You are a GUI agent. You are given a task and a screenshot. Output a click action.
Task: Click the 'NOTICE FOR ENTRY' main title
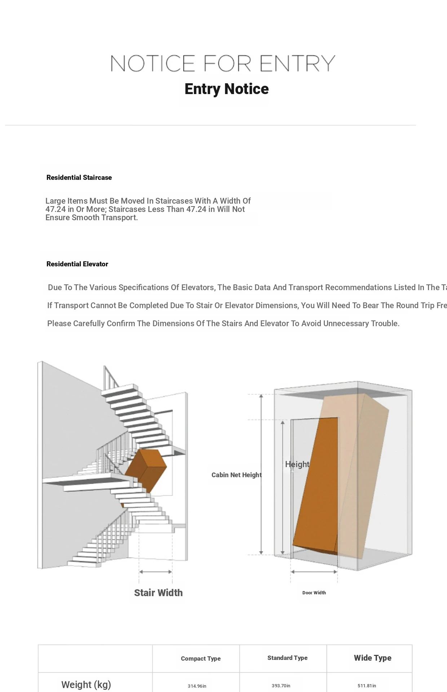(x=223, y=63)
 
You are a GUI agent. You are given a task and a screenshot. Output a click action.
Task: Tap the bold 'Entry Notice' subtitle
(x=226, y=89)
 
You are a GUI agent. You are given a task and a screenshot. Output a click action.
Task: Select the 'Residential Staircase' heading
(x=79, y=177)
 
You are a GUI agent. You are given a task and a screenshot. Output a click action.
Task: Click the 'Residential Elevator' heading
(x=77, y=264)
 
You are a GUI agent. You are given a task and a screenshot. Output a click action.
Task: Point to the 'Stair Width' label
(x=158, y=593)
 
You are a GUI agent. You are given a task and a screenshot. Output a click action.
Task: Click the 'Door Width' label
(x=314, y=593)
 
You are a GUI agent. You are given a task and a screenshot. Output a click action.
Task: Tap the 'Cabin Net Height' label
(x=236, y=475)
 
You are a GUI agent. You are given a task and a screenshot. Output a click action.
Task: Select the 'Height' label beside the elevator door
(x=297, y=464)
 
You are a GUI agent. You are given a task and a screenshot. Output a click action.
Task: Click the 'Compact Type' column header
(x=200, y=658)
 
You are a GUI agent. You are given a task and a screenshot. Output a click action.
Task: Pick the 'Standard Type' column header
(x=287, y=658)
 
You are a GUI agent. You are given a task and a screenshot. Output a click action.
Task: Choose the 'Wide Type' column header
(x=372, y=658)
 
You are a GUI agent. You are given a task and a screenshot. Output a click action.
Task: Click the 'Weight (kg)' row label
(x=86, y=684)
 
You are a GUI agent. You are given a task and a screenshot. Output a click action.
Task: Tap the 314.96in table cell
(x=197, y=686)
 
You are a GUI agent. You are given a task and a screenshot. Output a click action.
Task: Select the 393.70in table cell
(x=281, y=686)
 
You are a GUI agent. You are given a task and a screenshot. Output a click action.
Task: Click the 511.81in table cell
(x=367, y=686)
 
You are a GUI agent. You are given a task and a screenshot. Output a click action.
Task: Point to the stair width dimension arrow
(x=155, y=572)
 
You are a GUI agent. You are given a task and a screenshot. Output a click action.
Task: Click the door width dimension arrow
(x=314, y=572)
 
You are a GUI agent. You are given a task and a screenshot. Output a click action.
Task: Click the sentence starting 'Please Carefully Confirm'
(x=223, y=324)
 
